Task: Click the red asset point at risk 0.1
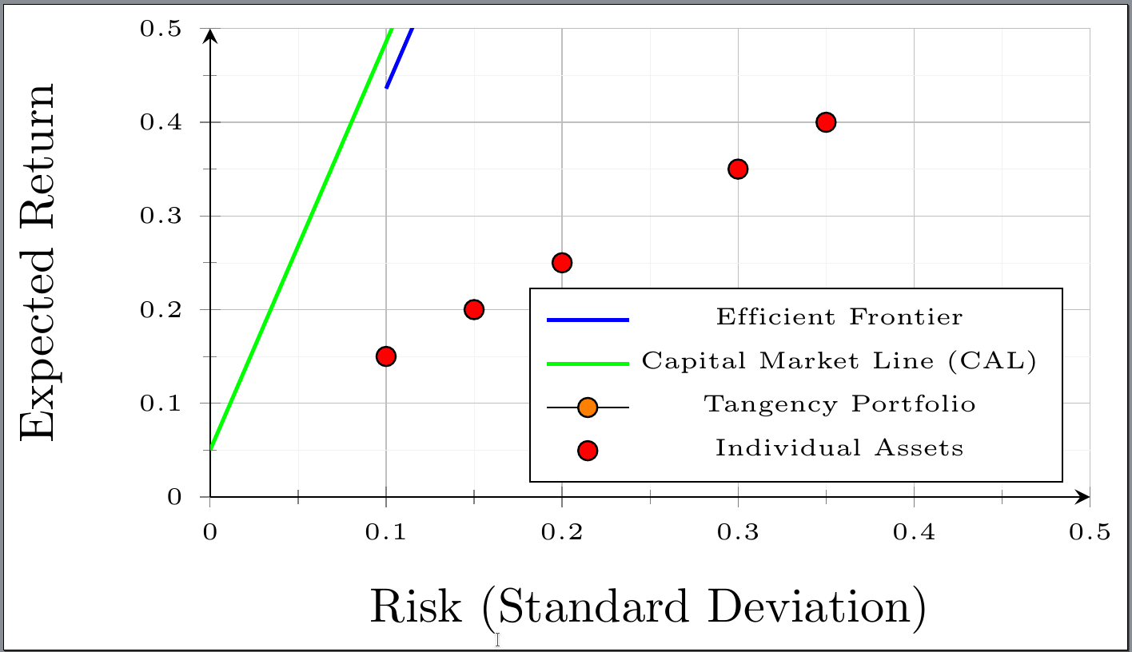point(386,356)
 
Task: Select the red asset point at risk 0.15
point(474,309)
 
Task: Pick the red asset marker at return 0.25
point(562,263)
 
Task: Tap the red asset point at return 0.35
point(738,169)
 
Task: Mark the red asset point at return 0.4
point(826,122)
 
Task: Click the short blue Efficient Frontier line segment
point(399,58)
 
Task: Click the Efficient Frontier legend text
point(839,317)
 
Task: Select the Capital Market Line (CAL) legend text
point(839,361)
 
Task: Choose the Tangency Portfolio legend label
point(839,404)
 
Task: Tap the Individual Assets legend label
point(839,448)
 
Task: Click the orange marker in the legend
point(588,407)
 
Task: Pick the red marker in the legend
point(588,451)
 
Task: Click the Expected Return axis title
point(38,261)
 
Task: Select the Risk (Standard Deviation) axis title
point(648,607)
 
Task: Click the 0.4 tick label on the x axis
point(914,533)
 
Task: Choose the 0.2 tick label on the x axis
point(562,533)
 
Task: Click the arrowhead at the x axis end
point(1083,497)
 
